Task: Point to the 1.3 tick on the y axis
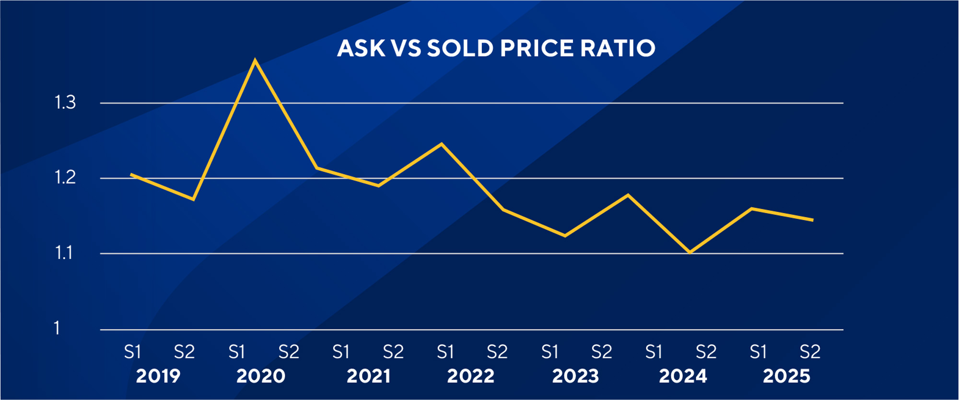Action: pos(65,103)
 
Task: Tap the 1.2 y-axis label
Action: pos(65,178)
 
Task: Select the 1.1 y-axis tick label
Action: pos(64,253)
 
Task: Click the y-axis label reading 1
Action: pos(57,329)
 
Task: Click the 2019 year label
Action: pos(158,376)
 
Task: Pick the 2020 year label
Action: pos(261,376)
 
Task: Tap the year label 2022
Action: pos(470,376)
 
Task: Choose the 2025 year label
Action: pos(786,376)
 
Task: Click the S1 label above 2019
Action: pos(132,353)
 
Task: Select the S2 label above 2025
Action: pos(810,353)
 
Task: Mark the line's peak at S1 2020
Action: pos(255,60)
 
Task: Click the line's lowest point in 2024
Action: pos(690,252)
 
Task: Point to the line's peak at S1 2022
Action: pos(441,144)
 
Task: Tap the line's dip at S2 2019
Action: pos(193,199)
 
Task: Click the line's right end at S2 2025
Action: pos(813,220)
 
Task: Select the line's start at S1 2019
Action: pos(131,175)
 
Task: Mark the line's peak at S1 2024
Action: pos(628,195)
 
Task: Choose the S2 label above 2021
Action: pos(393,353)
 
